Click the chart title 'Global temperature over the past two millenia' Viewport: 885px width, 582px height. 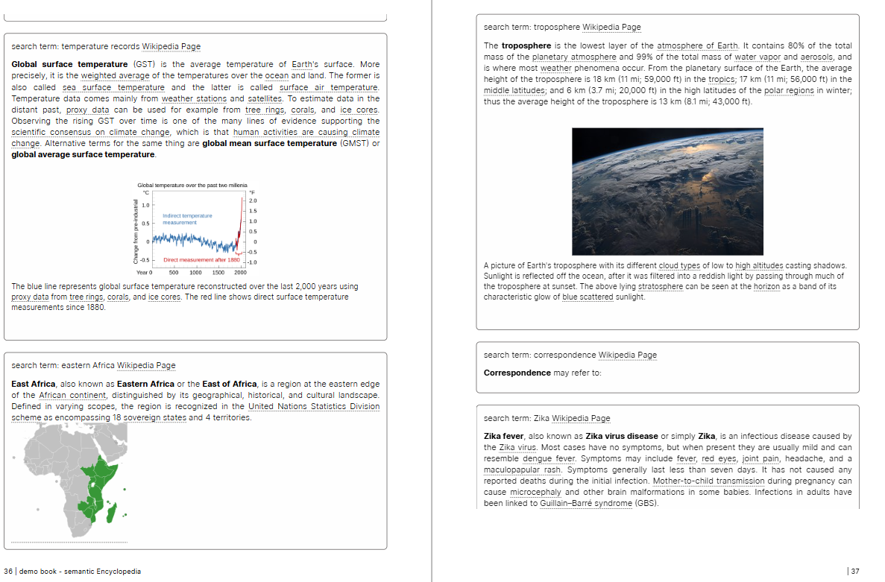(x=192, y=185)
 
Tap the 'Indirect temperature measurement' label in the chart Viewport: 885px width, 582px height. (x=187, y=219)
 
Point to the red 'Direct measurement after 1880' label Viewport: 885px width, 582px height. (x=201, y=260)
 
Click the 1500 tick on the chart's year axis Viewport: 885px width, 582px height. (x=218, y=273)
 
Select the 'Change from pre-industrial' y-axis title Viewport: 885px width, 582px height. (x=136, y=231)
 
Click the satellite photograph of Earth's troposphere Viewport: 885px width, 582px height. (x=667, y=192)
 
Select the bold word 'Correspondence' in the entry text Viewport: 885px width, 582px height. (x=517, y=373)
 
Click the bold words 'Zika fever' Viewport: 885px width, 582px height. (x=503, y=436)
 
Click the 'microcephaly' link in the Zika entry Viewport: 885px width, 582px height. (x=535, y=492)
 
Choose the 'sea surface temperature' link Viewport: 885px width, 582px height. (x=103, y=87)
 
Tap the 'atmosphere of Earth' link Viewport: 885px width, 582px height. (x=697, y=45)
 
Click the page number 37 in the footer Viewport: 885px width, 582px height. (x=854, y=572)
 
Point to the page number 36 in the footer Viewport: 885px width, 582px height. (x=8, y=572)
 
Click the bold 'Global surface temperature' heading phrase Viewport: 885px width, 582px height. (x=69, y=64)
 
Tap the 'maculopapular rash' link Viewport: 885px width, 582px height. (x=511, y=469)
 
